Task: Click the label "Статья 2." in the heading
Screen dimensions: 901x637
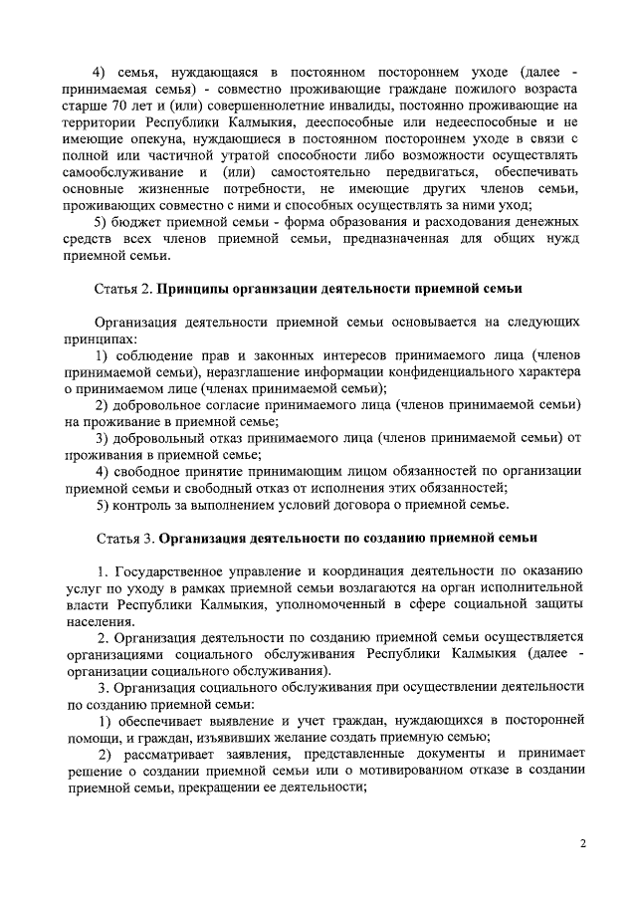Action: (123, 288)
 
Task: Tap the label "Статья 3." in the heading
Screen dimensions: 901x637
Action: (123, 538)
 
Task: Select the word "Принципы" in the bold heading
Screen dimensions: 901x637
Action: (197, 288)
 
